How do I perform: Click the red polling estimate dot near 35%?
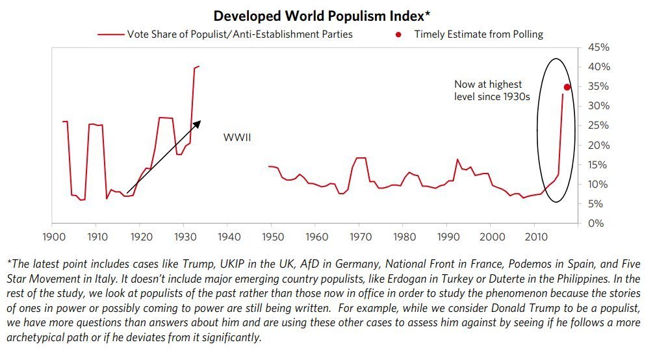tap(567, 87)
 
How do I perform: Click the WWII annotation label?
tap(237, 138)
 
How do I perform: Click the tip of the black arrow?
tap(201, 120)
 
